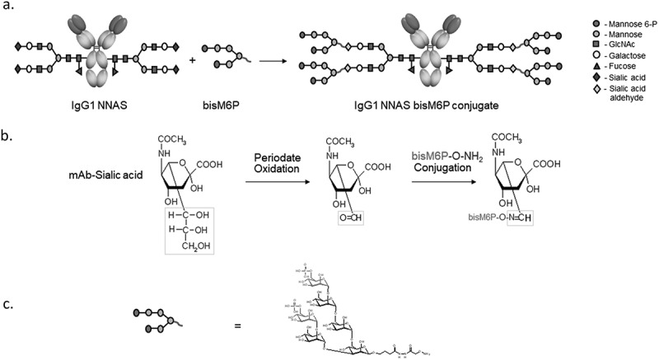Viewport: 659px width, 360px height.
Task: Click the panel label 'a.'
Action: (x=11, y=10)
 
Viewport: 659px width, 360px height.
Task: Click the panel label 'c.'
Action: (x=11, y=303)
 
